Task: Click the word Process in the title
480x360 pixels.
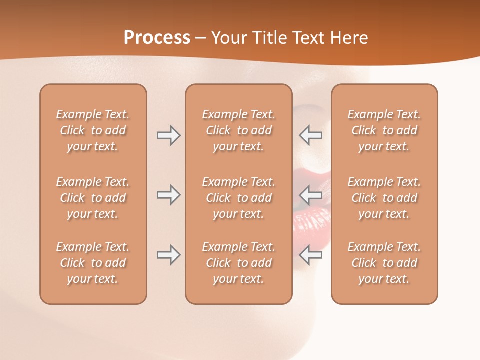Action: click(x=157, y=38)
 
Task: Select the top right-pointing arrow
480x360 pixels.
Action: click(x=168, y=135)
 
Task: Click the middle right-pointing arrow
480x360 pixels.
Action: click(x=168, y=195)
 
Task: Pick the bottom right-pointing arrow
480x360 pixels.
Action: click(x=168, y=255)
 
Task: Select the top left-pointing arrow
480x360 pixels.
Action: click(x=310, y=135)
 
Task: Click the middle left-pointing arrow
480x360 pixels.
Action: click(x=310, y=195)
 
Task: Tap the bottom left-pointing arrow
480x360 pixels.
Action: click(x=310, y=255)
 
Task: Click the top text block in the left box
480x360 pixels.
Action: click(x=93, y=130)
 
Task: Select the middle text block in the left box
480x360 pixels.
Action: click(x=93, y=198)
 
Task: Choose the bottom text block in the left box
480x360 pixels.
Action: click(x=93, y=263)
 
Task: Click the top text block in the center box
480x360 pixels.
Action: click(x=238, y=130)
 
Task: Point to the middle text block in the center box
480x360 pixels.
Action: click(x=238, y=198)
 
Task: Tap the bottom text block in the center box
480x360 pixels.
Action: click(x=238, y=263)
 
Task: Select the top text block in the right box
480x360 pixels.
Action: click(x=384, y=130)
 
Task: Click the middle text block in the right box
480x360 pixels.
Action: click(x=384, y=198)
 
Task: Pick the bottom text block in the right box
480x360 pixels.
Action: click(x=384, y=263)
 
